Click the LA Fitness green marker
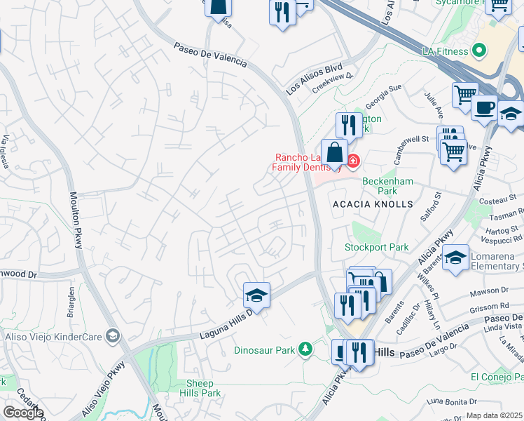pos(479,51)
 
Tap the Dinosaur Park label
pos(264,349)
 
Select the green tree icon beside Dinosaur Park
pos(305,349)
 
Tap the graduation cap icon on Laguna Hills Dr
pos(256,295)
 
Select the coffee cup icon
pos(484,108)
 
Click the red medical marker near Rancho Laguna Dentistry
pos(352,162)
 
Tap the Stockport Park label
pos(376,247)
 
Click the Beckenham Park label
pos(388,185)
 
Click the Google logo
pos(22,413)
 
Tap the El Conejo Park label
pos(496,377)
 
